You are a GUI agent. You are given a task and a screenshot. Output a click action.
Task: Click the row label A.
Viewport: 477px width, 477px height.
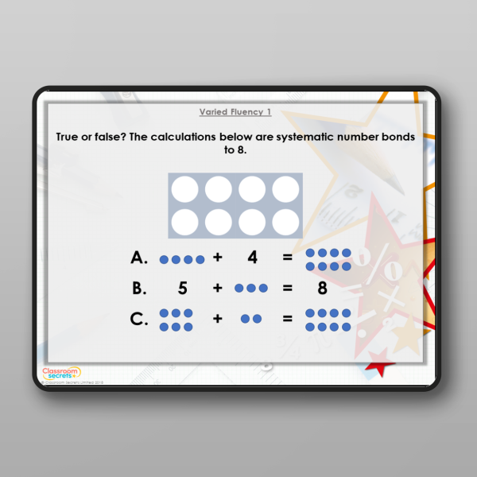click(x=140, y=258)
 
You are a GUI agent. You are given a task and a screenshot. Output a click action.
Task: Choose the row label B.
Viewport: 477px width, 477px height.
click(x=140, y=289)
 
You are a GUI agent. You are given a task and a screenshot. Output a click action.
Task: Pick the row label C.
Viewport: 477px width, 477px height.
click(x=140, y=319)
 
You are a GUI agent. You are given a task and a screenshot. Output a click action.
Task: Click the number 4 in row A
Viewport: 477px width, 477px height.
click(x=252, y=258)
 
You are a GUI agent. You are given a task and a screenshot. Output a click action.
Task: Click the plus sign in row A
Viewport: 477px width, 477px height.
click(x=217, y=258)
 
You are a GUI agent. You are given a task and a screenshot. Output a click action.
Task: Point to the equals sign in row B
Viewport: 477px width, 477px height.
click(x=287, y=289)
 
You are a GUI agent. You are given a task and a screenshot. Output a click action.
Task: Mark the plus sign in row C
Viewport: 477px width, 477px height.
click(x=217, y=319)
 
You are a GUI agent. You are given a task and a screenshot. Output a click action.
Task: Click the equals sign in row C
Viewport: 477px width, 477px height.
click(x=287, y=319)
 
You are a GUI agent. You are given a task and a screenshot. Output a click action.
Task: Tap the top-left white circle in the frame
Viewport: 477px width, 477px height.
click(x=185, y=190)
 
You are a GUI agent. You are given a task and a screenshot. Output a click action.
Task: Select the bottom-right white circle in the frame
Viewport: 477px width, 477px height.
click(x=285, y=221)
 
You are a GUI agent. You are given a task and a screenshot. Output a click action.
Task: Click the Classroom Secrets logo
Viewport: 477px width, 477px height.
click(x=61, y=372)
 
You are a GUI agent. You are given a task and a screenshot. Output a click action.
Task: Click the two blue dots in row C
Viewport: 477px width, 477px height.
click(x=251, y=319)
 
